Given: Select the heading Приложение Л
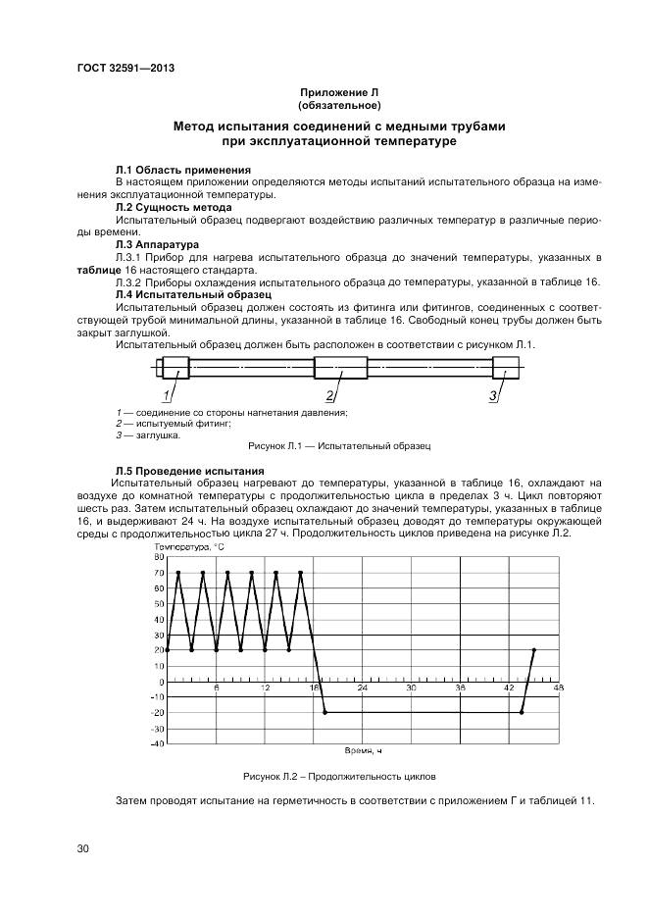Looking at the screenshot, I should coord(339,93).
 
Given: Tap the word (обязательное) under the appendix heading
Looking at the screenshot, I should coord(339,105).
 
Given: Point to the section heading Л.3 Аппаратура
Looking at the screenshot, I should coord(157,244).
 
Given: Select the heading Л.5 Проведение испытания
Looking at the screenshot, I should coord(189,471).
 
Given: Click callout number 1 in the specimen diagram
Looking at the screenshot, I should coord(167,395).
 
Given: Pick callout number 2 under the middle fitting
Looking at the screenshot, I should coord(330,395).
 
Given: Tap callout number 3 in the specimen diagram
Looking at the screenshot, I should coord(493,395).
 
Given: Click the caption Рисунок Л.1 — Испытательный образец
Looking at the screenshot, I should coord(339,446).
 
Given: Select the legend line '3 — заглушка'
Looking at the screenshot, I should coord(147,434).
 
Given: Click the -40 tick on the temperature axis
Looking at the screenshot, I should coord(157,743).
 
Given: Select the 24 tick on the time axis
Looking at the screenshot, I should coord(363,689).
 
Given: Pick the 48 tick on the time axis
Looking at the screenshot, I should coord(559,689).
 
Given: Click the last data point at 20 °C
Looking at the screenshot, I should coord(534,650).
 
